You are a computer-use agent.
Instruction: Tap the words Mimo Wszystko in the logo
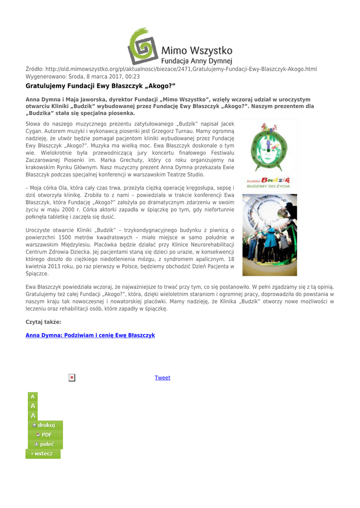(x=197, y=51)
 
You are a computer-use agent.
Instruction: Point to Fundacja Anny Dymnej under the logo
(x=198, y=62)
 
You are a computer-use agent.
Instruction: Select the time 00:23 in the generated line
(x=133, y=77)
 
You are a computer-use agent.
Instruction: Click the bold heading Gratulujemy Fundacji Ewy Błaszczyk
(x=101, y=86)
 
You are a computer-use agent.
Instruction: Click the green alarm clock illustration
(x=269, y=148)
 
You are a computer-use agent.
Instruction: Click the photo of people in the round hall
(x=269, y=235)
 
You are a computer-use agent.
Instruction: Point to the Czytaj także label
(x=43, y=322)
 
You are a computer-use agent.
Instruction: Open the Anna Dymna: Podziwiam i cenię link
(x=90, y=335)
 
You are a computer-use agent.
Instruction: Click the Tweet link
(x=162, y=378)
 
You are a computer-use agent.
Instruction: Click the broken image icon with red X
(x=72, y=378)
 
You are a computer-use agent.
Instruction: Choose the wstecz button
(x=43, y=453)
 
